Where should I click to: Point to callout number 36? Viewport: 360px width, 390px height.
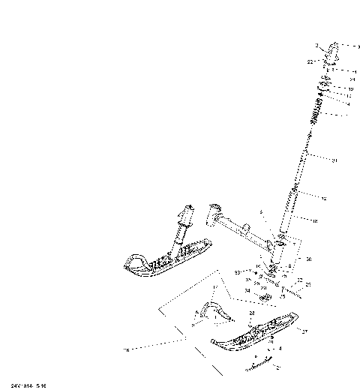pos(308,259)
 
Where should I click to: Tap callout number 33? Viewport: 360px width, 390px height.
pos(237,272)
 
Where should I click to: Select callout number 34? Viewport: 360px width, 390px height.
pos(247,290)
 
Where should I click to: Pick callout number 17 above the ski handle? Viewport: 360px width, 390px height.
pos(215,287)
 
